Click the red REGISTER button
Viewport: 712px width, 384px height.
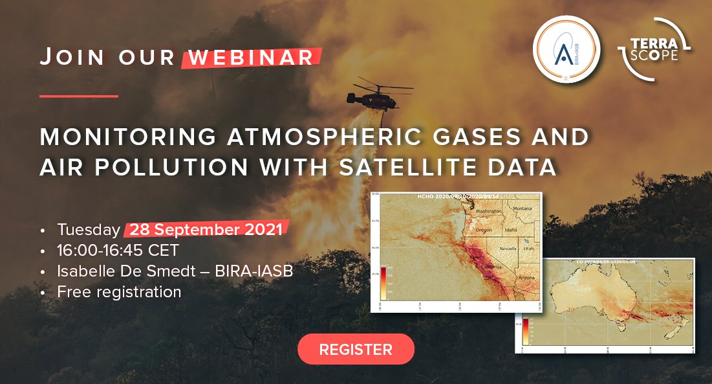[x=356, y=350]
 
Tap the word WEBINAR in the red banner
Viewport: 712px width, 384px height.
[x=251, y=57]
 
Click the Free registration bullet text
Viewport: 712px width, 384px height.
[x=119, y=292]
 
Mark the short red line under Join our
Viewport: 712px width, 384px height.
[x=79, y=96]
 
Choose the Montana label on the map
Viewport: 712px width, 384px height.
[x=523, y=209]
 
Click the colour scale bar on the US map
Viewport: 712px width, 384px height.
[x=383, y=282]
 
